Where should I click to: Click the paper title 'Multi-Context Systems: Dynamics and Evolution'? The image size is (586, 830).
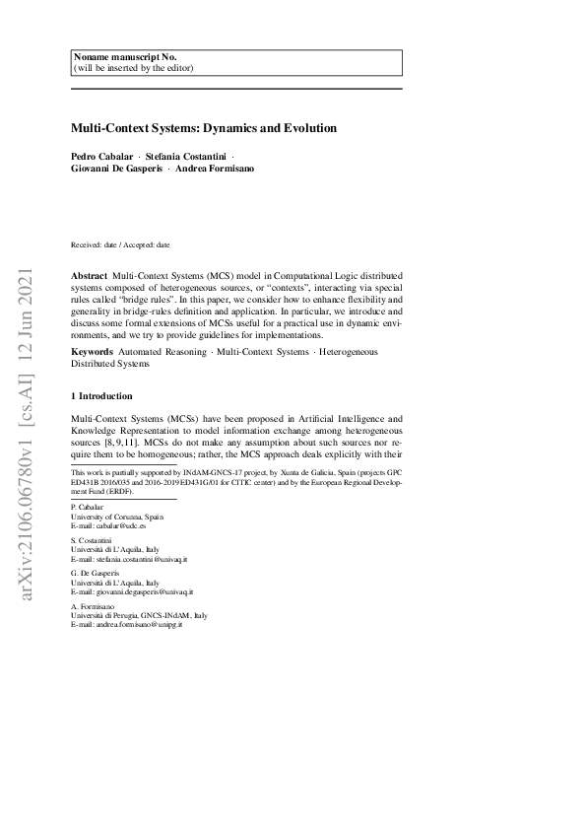pyautogui.click(x=204, y=128)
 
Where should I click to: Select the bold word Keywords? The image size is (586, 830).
pyautogui.click(x=92, y=351)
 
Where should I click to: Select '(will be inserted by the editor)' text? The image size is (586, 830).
pyautogui.click(x=133, y=68)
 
